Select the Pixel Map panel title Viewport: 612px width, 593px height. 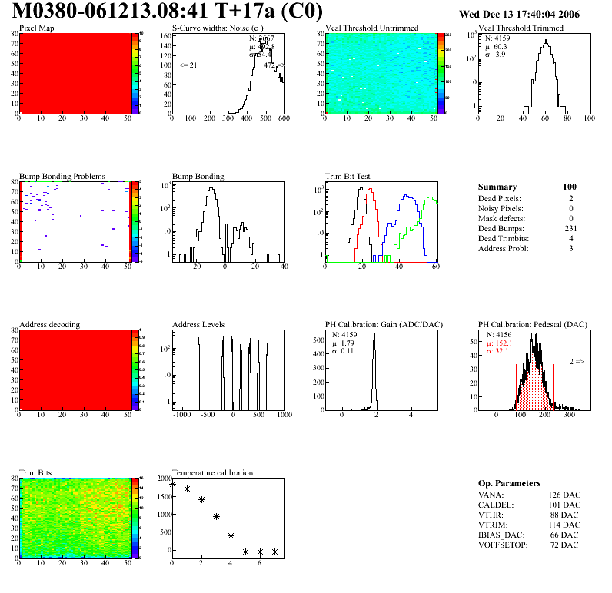pos(36,28)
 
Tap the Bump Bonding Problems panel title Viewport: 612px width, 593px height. pos(62,176)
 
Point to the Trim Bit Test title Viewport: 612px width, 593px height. pos(348,176)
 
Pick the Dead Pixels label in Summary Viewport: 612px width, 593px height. pos(499,199)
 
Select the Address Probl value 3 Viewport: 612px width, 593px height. pos(571,249)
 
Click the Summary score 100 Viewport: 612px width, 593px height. pos(570,187)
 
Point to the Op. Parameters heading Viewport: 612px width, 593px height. pos(509,483)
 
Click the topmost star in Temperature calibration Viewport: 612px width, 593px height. pos(172,485)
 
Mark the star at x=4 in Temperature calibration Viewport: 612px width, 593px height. pos(231,535)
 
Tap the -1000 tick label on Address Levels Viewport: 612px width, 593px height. pos(182,415)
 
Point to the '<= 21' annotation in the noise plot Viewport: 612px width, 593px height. pos(188,65)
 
